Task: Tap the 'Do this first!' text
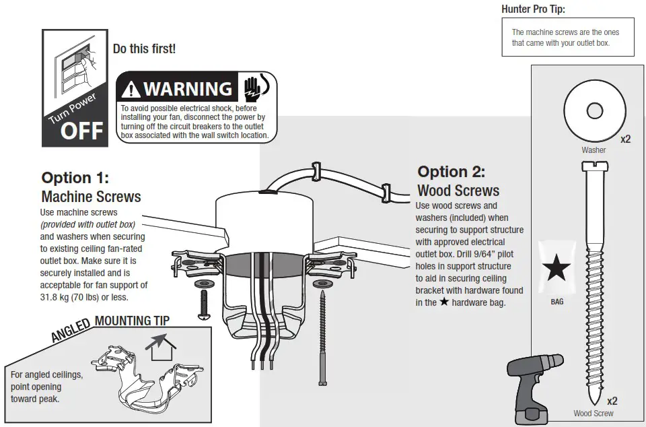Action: [144, 49]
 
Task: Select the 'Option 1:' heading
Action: [75, 178]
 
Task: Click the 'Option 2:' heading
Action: [451, 172]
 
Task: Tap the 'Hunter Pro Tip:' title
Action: [534, 9]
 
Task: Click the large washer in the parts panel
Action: [594, 110]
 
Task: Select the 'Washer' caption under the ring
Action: [594, 150]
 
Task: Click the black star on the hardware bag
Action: [557, 269]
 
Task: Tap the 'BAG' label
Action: [557, 302]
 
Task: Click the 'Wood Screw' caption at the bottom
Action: [593, 414]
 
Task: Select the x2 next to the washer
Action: [625, 139]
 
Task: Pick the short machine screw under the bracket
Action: [203, 303]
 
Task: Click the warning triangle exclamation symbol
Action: [132, 89]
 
